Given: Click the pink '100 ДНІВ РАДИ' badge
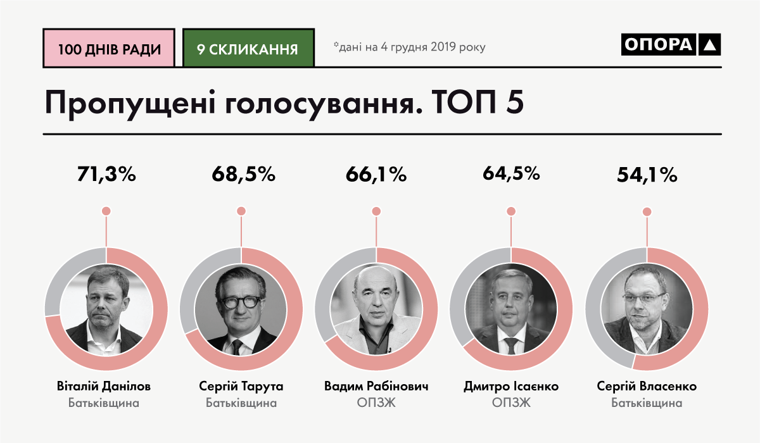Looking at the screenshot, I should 108,48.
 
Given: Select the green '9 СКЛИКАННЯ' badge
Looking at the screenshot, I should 248,48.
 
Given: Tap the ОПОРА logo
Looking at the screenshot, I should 671,44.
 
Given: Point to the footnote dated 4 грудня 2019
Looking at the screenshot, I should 409,47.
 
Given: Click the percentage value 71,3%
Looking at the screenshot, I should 107,175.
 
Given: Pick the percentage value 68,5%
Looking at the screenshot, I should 241,175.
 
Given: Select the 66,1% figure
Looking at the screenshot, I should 376,175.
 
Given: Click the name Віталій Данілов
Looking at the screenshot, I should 106,386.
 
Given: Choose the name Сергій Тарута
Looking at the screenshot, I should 241,386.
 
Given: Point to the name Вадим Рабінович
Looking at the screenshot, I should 376,386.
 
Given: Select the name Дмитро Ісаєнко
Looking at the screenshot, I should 511,386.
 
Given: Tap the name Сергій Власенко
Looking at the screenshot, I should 647,386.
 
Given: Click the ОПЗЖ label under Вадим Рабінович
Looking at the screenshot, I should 376,402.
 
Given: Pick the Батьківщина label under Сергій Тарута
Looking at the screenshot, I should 241,402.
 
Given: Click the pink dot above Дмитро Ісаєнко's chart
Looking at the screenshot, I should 511,211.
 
